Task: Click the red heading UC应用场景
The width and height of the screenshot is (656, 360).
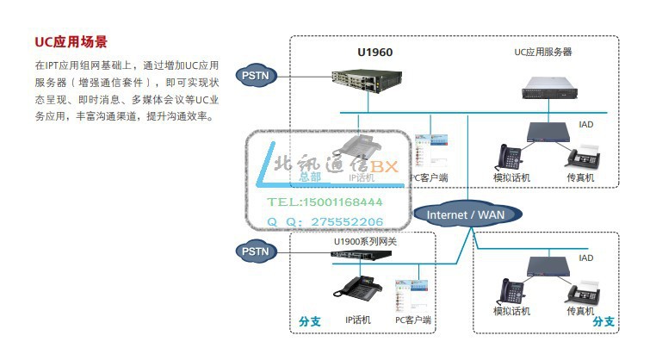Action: [x=71, y=41]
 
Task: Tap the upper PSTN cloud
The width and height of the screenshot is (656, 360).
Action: [x=256, y=76]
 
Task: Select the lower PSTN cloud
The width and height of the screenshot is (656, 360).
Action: [x=256, y=251]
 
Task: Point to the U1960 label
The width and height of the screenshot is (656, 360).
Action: [x=375, y=52]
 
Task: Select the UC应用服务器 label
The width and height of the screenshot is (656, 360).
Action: [x=543, y=52]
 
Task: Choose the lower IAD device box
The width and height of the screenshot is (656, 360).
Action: [x=555, y=266]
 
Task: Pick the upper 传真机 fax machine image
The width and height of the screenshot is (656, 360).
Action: [x=582, y=156]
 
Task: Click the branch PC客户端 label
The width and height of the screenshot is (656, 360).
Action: [x=413, y=320]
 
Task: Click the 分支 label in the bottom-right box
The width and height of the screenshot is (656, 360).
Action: [x=603, y=321]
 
